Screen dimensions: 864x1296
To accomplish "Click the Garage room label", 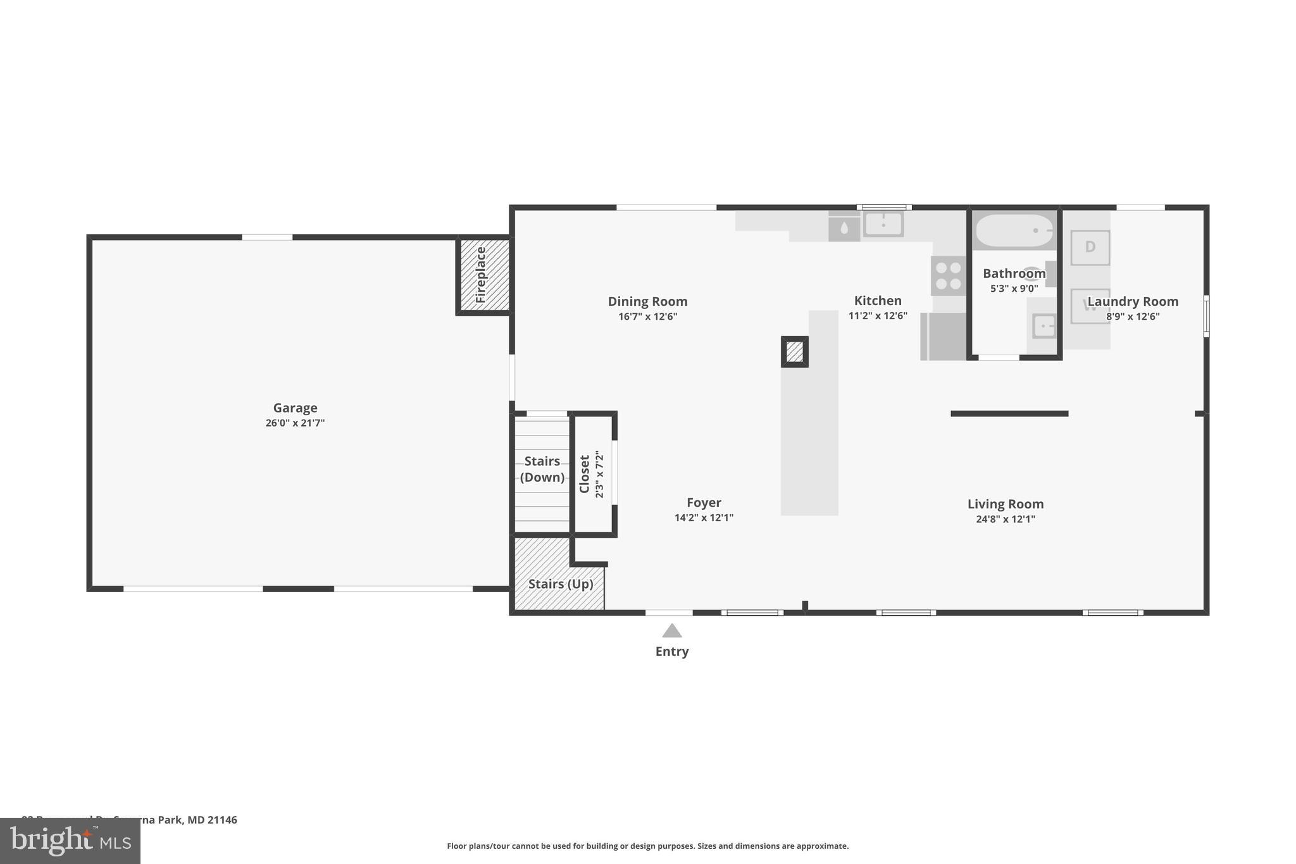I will (295, 408).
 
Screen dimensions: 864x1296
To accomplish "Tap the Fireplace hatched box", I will (483, 275).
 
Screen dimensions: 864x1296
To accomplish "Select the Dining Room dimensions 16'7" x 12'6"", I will (647, 316).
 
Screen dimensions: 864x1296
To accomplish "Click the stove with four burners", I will (948, 276).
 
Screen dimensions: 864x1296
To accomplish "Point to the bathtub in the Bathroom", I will (1014, 231).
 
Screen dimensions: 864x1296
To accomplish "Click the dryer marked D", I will (1090, 247).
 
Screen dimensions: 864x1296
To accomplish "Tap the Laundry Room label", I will (1132, 301).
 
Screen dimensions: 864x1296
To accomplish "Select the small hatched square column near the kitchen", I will (794, 351).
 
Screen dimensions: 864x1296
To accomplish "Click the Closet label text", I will (585, 474).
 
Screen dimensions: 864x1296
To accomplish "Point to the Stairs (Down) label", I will (542, 469).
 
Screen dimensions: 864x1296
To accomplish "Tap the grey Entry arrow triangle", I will (671, 631).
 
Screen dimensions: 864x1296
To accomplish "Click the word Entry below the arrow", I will (671, 651).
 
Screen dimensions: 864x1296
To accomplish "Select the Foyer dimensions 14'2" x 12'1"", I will (704, 518).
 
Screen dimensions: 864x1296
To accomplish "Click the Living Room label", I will (1005, 504).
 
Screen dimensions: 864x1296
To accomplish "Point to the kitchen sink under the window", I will (883, 223).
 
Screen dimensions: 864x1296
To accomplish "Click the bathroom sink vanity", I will (1043, 327).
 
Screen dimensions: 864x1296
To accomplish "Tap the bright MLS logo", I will (70, 841).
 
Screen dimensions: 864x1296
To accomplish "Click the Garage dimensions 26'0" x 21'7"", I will (295, 423).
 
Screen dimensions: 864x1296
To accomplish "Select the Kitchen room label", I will (877, 301).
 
